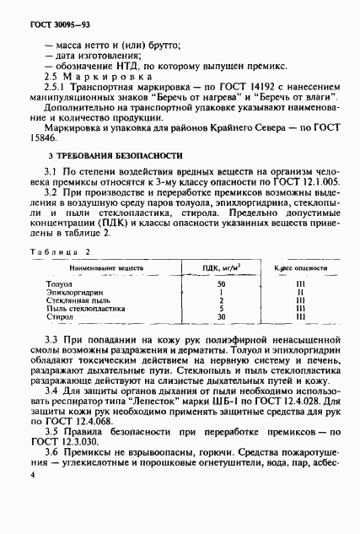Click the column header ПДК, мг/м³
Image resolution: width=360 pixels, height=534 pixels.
click(x=220, y=267)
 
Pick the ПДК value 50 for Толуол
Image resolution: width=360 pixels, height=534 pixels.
click(x=220, y=284)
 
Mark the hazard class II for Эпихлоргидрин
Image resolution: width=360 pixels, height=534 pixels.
click(x=300, y=292)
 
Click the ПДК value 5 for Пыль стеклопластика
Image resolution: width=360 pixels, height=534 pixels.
click(x=220, y=308)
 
